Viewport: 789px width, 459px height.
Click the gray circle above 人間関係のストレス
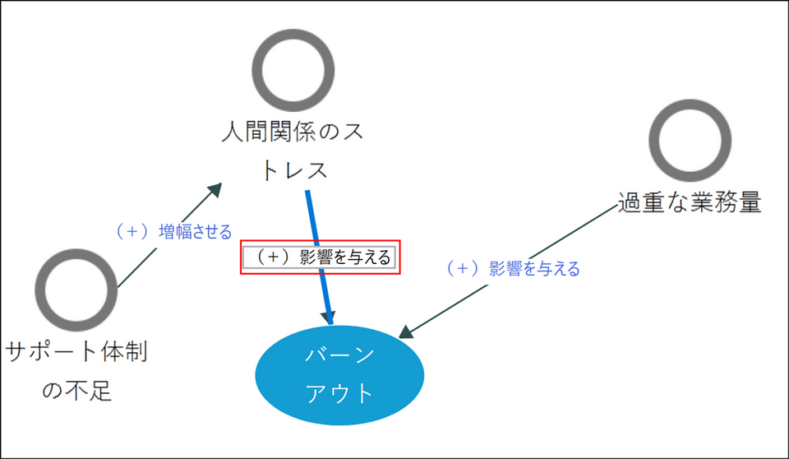[x=293, y=70]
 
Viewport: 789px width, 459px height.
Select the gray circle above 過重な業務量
[x=690, y=140]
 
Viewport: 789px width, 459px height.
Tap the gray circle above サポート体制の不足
[x=76, y=290]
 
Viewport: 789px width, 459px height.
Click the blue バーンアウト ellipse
[x=339, y=375]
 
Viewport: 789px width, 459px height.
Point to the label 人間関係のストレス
[x=293, y=151]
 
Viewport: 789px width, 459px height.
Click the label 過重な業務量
[x=690, y=202]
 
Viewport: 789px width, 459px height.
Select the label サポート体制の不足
[x=76, y=371]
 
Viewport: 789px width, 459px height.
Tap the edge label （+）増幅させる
[x=174, y=231]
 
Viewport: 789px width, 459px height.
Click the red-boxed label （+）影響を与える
[x=320, y=257]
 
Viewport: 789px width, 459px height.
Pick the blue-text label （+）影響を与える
[x=513, y=268]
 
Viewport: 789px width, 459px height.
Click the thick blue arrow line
[x=319, y=257]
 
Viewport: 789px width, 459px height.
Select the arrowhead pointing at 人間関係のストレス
[x=215, y=190]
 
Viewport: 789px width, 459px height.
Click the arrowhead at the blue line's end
[x=329, y=318]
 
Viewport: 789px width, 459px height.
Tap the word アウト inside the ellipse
[x=339, y=393]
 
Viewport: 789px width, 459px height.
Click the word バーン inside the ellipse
[x=339, y=355]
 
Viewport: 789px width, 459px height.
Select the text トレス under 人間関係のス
[x=294, y=170]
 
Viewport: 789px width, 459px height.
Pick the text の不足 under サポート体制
[x=76, y=391]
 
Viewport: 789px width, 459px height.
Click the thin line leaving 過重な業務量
[x=508, y=269]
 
